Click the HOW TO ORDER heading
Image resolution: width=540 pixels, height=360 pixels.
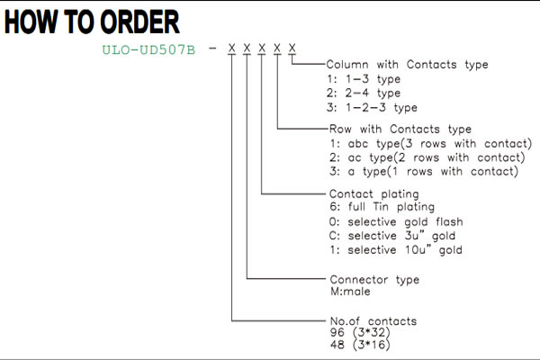pyautogui.click(x=92, y=22)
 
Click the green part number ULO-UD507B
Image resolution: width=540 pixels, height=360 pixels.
pyautogui.click(x=148, y=50)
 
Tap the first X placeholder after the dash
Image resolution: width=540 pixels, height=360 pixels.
pyautogui.click(x=232, y=49)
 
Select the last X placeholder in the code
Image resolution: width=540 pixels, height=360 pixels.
pyautogui.click(x=292, y=49)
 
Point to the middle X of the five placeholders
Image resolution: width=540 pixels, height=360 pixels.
pyautogui.click(x=262, y=49)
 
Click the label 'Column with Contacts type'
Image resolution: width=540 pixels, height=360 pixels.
pyautogui.click(x=407, y=65)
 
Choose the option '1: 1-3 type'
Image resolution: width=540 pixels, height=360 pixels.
pyautogui.click(x=364, y=79)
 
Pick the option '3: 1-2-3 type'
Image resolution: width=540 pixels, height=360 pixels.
pyautogui.click(x=372, y=107)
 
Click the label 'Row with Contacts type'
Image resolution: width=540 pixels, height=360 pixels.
pyautogui.click(x=400, y=130)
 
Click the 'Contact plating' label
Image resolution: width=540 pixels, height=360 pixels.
pyautogui.click(x=374, y=194)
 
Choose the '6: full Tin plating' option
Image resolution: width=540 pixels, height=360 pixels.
pyautogui.click(x=382, y=207)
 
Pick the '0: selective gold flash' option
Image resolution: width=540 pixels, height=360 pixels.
pyautogui.click(x=396, y=222)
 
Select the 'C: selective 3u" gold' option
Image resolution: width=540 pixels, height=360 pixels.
pyautogui.click(x=392, y=236)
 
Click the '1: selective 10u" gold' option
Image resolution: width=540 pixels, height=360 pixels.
pyautogui.click(x=396, y=250)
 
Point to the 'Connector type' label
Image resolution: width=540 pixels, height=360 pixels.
pyautogui.click(x=374, y=279)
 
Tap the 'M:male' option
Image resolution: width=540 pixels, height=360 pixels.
pyautogui.click(x=350, y=292)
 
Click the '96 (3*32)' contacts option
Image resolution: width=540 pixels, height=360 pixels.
pyautogui.click(x=360, y=332)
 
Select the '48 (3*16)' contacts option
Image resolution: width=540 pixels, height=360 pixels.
pyautogui.click(x=360, y=345)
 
